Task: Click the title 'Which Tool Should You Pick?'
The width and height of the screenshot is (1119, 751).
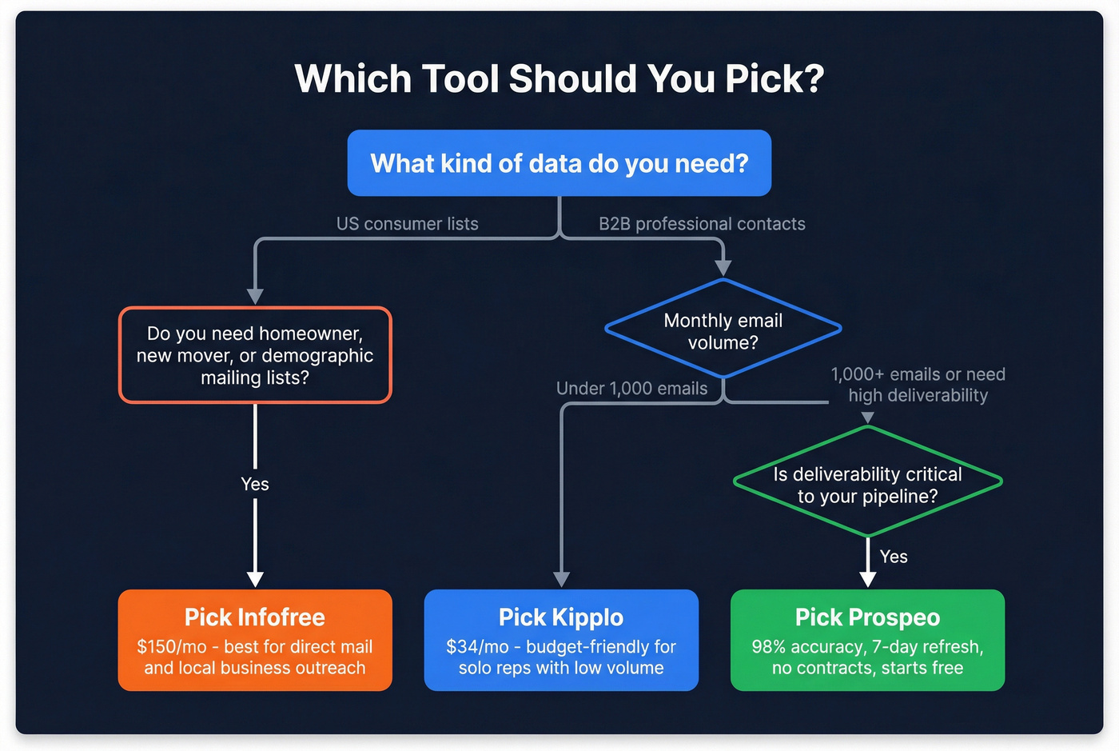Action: pos(559,79)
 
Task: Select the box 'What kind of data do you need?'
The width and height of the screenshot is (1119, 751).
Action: pos(559,163)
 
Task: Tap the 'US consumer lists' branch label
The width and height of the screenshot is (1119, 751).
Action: pos(407,224)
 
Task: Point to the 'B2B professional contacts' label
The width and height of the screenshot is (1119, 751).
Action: pos(702,224)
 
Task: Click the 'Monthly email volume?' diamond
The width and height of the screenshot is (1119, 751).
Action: pos(723,330)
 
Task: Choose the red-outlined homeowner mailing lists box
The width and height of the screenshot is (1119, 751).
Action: pos(255,355)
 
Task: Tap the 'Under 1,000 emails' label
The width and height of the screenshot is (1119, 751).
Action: pos(631,389)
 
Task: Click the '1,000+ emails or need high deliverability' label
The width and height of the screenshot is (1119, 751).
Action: pos(918,385)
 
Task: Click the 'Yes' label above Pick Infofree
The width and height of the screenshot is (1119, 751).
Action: pos(255,484)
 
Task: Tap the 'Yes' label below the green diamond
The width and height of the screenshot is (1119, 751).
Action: pos(894,557)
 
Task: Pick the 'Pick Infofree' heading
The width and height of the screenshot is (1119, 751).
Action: pos(255,617)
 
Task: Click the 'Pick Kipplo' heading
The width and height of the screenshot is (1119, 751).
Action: pos(561,617)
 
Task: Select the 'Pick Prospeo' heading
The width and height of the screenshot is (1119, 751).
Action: pos(867,617)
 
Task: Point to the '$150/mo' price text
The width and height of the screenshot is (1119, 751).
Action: pos(172,646)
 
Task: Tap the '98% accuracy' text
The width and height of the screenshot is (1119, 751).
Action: pos(802,646)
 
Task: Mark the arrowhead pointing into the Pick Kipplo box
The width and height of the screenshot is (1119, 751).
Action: pos(562,580)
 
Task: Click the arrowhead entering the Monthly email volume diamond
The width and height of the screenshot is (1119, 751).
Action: pos(723,269)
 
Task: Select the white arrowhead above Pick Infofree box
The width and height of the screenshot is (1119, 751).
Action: pos(255,580)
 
